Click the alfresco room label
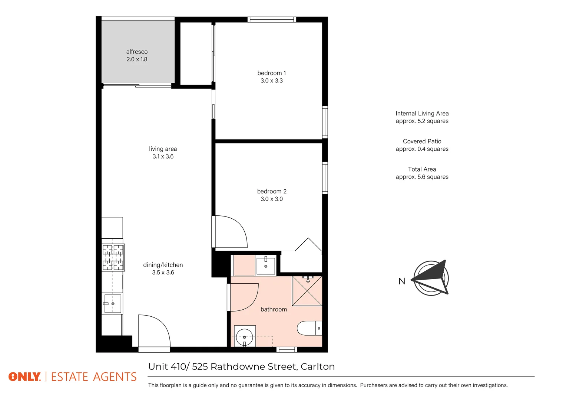click(137, 52)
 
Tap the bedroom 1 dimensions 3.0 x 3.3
click(272, 81)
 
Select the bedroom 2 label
click(272, 191)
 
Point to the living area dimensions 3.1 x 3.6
click(163, 156)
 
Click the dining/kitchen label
click(163, 265)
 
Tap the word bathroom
click(274, 309)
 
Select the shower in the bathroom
click(307, 291)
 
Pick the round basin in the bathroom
click(244, 336)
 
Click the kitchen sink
click(112, 304)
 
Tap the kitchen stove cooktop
click(113, 257)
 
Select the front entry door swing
click(153, 330)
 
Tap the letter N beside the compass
click(402, 281)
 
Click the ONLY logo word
click(24, 377)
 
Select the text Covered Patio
click(422, 141)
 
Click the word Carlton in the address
click(318, 366)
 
